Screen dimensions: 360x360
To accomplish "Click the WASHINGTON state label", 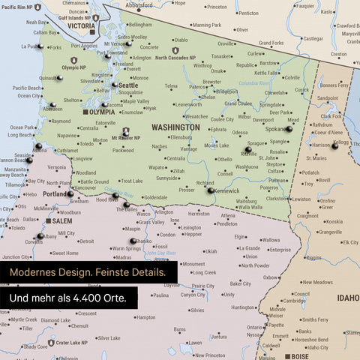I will pos(175,127).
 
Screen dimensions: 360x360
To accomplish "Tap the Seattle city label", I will pos(128,85).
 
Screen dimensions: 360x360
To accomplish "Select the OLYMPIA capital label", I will pos(102,112).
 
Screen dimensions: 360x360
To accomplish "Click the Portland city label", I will pos(55,194).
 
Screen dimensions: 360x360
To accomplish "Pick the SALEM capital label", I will pos(62,222).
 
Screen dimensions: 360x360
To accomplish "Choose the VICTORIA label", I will pos(81,25).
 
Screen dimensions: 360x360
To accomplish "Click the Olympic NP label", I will pos(74,68).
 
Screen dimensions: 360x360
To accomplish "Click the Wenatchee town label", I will pos(196,117).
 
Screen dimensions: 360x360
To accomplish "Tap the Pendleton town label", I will pos(226,223).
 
